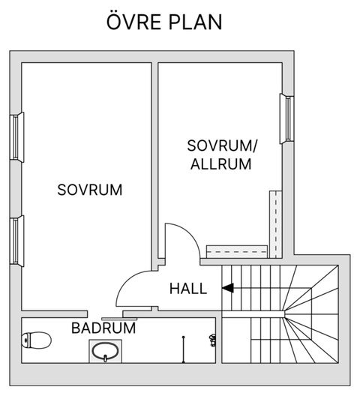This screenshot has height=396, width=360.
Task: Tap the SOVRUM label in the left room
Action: tap(89, 189)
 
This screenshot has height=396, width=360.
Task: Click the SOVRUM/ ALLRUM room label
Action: tap(222, 155)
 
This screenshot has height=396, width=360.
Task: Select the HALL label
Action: tap(187, 288)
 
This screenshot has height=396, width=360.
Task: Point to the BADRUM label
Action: tap(103, 328)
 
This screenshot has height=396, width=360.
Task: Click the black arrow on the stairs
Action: tap(227, 287)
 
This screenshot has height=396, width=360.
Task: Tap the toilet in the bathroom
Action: tap(35, 342)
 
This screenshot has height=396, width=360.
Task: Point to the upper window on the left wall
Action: tap(17, 137)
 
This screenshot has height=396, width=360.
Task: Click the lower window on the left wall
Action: tap(17, 238)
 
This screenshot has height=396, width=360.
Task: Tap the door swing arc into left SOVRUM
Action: tap(133, 283)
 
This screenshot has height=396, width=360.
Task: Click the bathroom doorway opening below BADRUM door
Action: tap(106, 312)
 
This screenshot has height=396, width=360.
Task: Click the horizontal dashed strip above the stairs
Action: tap(237, 249)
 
